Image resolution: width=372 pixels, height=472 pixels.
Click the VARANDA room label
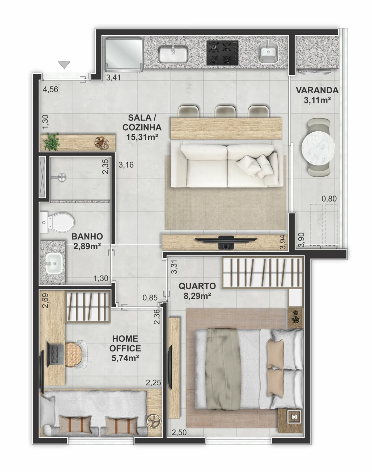tap(317, 90)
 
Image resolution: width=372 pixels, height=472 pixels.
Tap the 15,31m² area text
tap(142, 137)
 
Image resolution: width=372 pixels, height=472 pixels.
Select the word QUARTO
tap(197, 286)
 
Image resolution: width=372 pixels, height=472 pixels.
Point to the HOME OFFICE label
tap(125, 343)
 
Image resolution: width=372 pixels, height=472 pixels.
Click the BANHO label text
tap(87, 236)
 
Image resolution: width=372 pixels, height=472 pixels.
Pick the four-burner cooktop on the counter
tap(222, 53)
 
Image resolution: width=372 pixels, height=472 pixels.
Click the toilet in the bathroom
tap(57, 222)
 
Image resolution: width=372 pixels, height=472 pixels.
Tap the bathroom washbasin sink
tap(53, 263)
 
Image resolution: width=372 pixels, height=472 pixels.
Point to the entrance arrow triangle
tap(64, 65)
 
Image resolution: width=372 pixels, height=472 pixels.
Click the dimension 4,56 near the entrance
tap(50, 89)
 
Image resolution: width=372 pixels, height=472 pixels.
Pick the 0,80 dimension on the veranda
tap(329, 198)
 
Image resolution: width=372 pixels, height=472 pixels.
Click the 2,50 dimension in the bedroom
tap(179, 433)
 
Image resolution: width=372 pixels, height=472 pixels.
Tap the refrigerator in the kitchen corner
tap(124, 55)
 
